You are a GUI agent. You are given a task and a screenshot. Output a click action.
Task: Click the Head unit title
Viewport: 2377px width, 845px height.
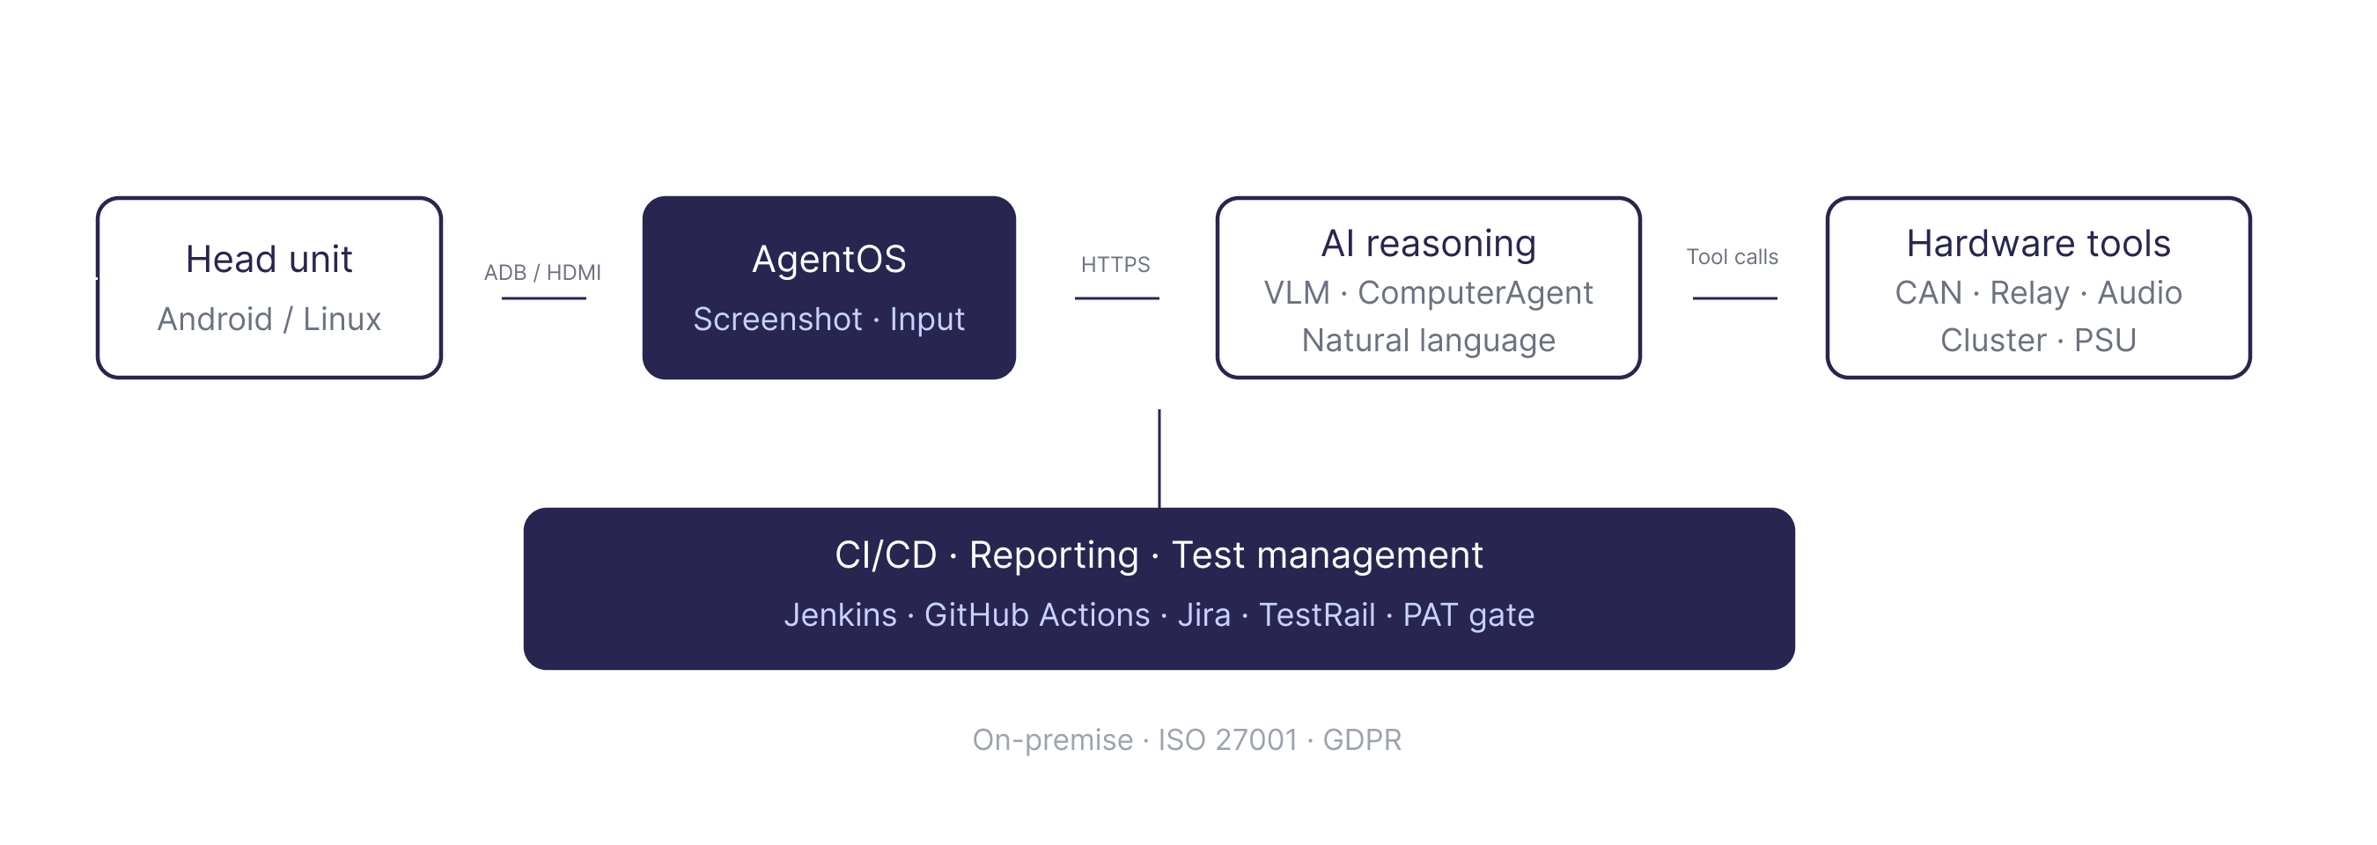pos(269,259)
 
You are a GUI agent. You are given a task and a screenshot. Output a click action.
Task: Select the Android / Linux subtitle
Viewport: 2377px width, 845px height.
pos(269,320)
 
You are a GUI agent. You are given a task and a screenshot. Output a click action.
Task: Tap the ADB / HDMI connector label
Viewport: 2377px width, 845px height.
pos(541,272)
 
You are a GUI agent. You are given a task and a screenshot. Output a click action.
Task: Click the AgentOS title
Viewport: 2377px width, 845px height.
pos(828,259)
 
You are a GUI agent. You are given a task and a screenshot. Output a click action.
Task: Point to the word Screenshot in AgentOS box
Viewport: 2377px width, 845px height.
pos(777,320)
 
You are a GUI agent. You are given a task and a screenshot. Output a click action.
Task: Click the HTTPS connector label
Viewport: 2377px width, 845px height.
pos(1115,265)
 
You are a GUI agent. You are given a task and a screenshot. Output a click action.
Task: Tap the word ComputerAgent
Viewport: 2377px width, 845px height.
pos(1475,293)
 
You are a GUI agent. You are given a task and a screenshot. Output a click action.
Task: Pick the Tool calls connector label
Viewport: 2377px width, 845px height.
pos(1731,256)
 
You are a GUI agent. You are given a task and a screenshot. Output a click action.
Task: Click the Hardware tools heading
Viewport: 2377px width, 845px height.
pos(2037,244)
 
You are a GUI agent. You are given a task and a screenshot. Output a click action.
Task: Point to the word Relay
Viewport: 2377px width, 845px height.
pos(2028,293)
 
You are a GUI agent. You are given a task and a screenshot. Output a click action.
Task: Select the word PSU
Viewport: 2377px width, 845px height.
pos(2104,341)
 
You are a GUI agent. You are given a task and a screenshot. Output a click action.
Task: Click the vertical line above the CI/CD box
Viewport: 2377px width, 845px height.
pos(1159,459)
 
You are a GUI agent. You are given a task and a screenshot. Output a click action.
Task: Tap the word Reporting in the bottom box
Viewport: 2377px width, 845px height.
pos(1053,555)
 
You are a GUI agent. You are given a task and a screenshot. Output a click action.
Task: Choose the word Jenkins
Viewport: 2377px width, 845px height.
pos(840,615)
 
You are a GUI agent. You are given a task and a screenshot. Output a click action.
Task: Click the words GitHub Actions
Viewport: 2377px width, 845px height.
pos(1036,615)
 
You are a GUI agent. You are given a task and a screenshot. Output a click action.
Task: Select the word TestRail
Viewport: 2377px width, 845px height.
pos(1316,615)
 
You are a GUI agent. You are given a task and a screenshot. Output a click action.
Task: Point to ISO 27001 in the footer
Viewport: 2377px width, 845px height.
pos(1226,740)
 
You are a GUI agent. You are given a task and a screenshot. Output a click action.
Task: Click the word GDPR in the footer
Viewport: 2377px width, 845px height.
pos(1361,740)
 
